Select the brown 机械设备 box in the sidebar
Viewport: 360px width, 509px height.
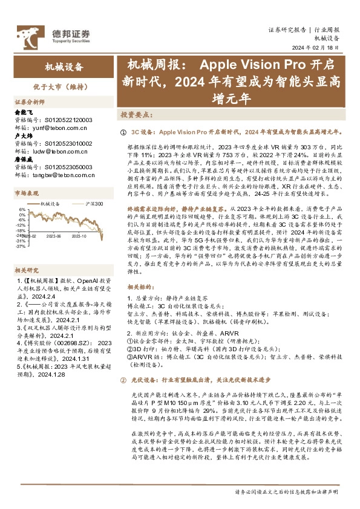64,67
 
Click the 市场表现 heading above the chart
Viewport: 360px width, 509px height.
26,193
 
